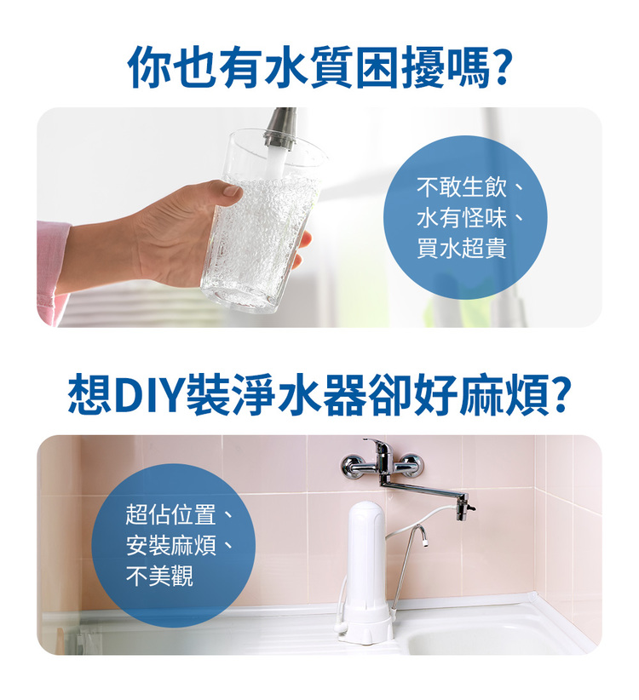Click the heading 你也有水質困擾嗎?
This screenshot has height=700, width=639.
[319, 67]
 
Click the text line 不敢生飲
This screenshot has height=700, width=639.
[462, 187]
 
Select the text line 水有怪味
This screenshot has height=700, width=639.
[462, 218]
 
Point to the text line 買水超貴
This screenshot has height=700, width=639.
[462, 249]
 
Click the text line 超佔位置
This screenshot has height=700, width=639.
[170, 514]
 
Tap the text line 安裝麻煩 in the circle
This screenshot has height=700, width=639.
[170, 546]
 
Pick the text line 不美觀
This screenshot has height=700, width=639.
[159, 576]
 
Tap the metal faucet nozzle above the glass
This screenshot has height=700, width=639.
[280, 129]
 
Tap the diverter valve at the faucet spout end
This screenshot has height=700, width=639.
[463, 508]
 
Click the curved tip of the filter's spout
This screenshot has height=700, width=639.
[423, 536]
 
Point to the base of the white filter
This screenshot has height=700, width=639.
[366, 630]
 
